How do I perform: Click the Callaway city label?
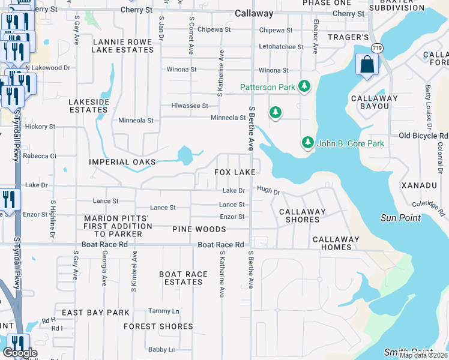[254, 13]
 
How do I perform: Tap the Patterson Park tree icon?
[305, 87]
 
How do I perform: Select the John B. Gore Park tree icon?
[308, 143]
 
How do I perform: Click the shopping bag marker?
[366, 64]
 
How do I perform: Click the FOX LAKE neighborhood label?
[235, 172]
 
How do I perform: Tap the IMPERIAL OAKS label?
[122, 162]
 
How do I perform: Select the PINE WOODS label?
[199, 229]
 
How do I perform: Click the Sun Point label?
[400, 218]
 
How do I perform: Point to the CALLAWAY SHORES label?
[303, 215]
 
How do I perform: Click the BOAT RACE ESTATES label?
[184, 278]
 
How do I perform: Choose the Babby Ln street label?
[162, 349]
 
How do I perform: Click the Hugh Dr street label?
[268, 190]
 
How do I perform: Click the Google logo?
[20, 353]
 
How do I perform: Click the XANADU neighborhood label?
[419, 185]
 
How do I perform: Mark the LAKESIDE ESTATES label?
[88, 106]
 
